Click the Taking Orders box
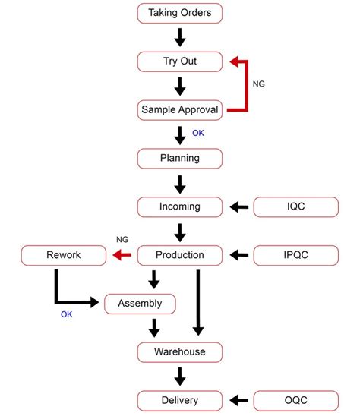[180, 12]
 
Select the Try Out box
[180, 61]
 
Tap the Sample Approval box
[180, 109]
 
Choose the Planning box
[180, 158]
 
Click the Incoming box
[180, 206]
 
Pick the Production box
[180, 255]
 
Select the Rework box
[62, 255]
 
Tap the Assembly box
[140, 304]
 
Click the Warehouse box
[180, 352]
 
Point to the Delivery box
[180, 401]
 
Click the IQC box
[295, 206]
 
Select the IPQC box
[295, 255]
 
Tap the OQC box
[295, 401]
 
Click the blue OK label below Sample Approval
[198, 133]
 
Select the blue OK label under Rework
[68, 314]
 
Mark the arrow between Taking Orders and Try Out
[180, 36]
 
